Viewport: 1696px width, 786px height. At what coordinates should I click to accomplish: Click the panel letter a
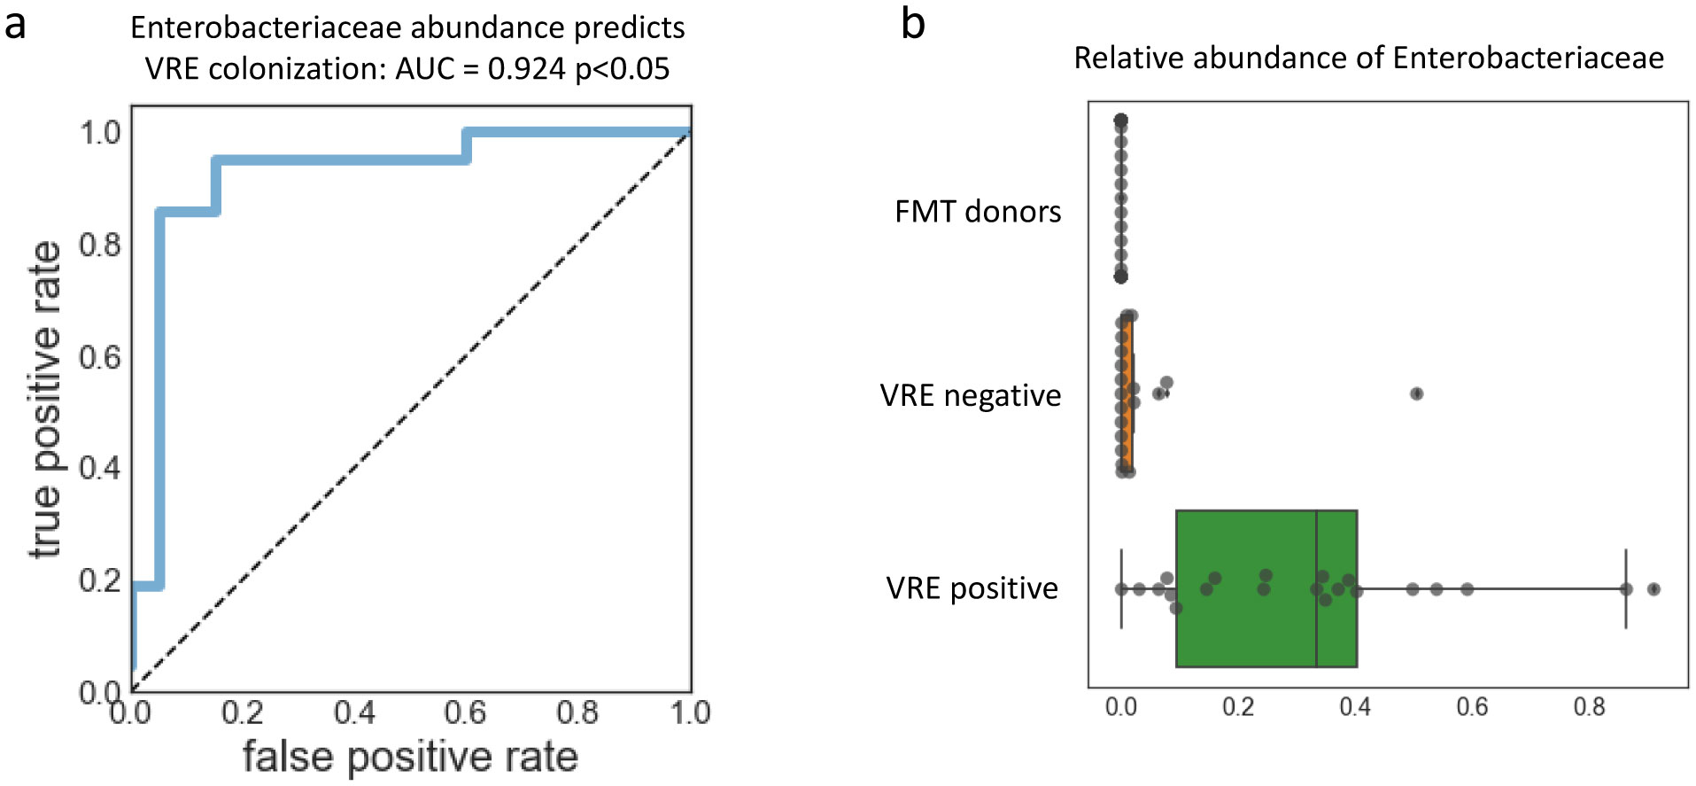15,25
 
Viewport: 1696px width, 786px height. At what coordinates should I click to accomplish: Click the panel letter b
912,23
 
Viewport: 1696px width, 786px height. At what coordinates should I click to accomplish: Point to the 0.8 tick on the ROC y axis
100,245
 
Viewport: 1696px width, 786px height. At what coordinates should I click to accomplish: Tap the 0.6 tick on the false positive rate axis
465,712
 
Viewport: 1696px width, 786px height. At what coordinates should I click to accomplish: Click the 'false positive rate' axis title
410,758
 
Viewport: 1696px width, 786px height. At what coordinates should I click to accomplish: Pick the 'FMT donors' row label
978,212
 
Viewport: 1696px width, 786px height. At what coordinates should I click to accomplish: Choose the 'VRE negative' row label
971,395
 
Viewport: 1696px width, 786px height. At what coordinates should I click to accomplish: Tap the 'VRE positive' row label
972,588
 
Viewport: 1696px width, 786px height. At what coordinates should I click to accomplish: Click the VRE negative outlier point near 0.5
1416,393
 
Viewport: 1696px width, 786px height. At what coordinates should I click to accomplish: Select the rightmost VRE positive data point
1653,589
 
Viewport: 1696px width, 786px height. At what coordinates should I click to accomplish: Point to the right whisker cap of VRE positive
1626,589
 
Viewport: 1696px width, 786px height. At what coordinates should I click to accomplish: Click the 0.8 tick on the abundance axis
1589,707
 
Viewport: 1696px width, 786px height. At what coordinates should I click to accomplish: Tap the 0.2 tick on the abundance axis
1238,707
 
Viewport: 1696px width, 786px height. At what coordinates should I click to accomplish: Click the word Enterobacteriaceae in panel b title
1528,58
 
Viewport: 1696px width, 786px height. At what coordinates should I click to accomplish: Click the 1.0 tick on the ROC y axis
100,133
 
